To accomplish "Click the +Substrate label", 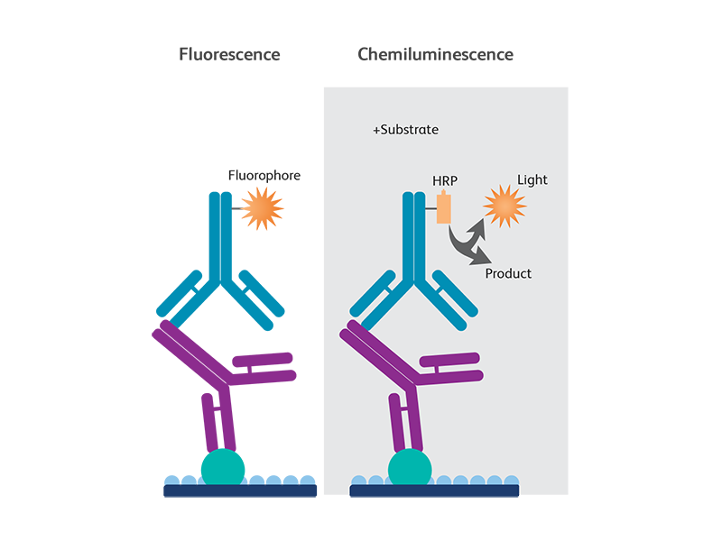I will [405, 130].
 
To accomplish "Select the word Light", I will [532, 180].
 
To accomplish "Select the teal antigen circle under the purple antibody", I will [410, 467].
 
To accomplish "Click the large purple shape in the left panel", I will [230, 379].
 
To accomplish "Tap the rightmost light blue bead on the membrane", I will [513, 480].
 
